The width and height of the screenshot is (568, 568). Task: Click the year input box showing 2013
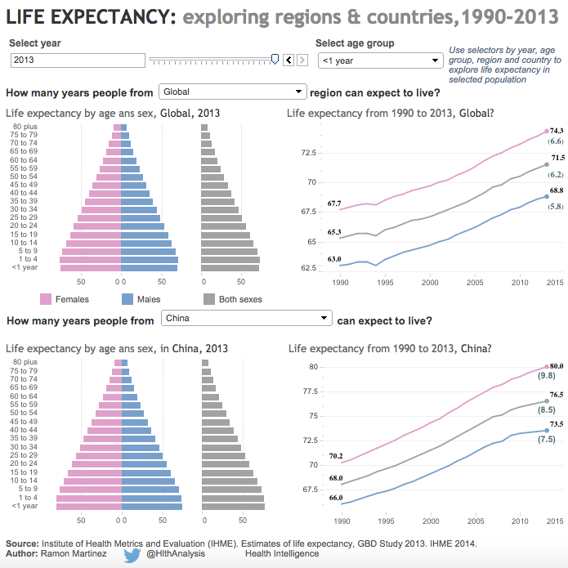[x=77, y=60]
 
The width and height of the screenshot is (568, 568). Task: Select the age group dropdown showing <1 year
[x=379, y=60]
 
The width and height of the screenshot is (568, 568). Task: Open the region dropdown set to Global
[x=233, y=92]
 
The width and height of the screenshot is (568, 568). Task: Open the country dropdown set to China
[x=246, y=318]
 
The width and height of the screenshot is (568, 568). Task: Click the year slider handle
[x=275, y=59]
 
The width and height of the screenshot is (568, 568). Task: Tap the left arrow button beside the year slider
[x=288, y=60]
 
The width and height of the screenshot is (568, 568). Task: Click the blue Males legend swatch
[x=127, y=299]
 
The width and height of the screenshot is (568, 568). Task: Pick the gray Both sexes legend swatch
[x=208, y=299]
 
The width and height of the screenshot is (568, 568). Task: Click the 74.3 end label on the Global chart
[x=557, y=131]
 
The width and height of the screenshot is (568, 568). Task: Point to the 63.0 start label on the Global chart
[x=334, y=259]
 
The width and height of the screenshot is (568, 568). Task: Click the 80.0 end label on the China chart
[x=557, y=365]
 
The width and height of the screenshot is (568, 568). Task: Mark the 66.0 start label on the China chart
[x=336, y=497]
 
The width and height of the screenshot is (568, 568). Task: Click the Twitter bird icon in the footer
[x=132, y=554]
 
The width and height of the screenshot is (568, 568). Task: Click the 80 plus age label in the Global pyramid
[x=24, y=126]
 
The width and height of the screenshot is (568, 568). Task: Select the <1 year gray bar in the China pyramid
[x=233, y=507]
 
